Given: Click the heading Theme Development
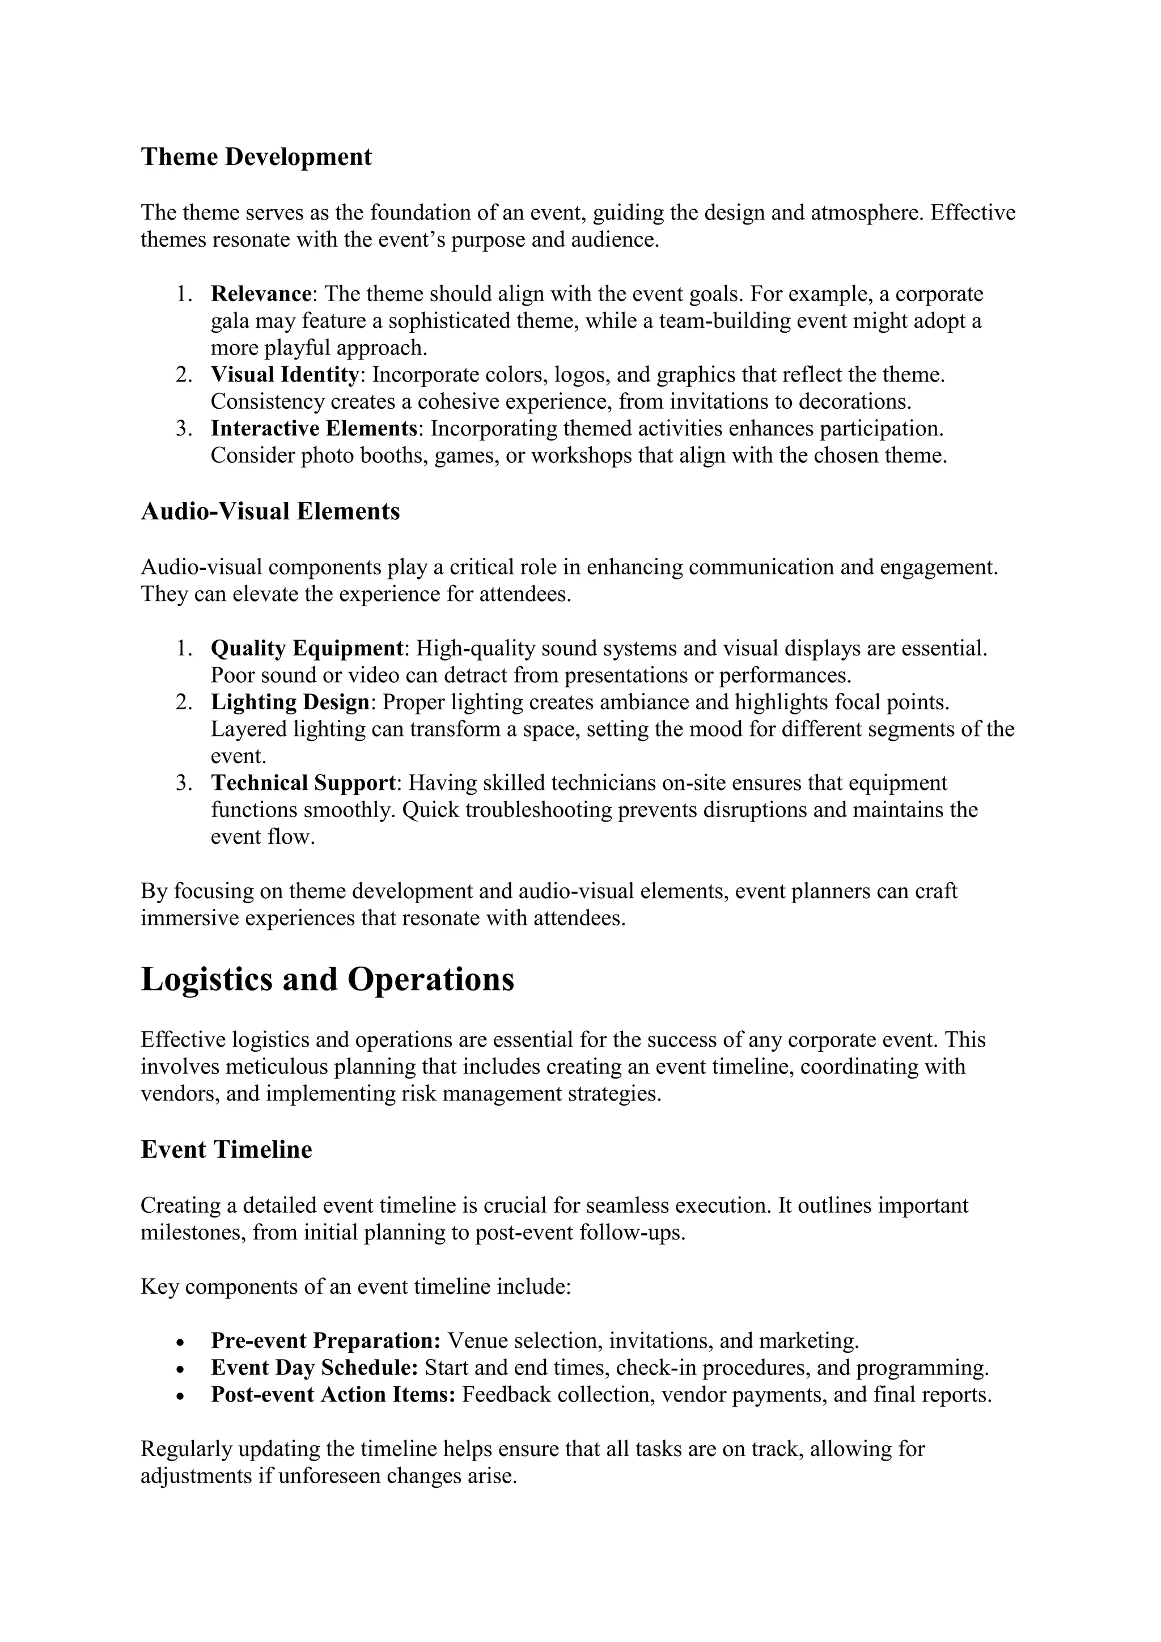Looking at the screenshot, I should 256,156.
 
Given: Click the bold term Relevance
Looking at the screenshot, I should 261,294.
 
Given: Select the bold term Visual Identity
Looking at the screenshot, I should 285,375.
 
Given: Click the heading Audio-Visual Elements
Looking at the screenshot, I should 270,511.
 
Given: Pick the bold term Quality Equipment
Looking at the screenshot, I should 307,649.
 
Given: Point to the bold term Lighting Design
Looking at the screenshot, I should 290,702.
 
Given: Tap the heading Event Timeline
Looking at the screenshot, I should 227,1149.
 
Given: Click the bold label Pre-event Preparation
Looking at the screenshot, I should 325,1340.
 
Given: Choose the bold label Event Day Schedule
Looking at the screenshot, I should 315,1368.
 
